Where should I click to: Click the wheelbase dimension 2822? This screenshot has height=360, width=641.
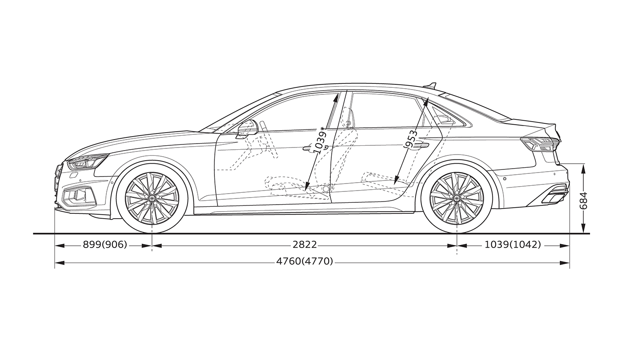point(305,245)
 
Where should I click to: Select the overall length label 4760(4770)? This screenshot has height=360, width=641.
point(305,261)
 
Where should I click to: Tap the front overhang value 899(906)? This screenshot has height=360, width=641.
point(105,245)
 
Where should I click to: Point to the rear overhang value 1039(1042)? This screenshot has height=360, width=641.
point(513,245)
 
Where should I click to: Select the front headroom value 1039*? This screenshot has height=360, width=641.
point(320,140)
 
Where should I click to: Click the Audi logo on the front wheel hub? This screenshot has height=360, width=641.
point(152,198)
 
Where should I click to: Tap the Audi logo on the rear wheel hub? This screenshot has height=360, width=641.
point(457,198)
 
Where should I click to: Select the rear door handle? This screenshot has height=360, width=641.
point(420,145)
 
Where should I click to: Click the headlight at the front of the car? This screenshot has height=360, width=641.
point(87,162)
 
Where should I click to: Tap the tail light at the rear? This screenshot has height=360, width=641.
point(540,144)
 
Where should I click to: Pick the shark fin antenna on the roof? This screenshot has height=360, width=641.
point(431,85)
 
